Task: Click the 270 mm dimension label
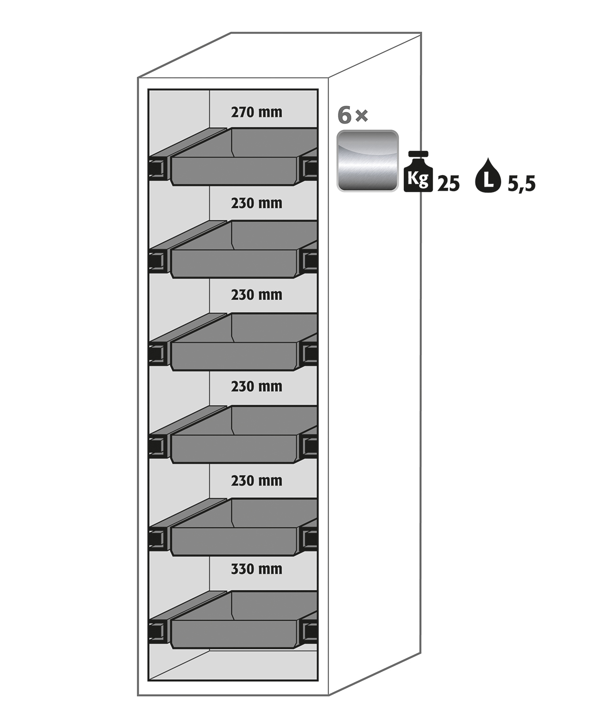256,112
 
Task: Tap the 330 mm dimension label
256,569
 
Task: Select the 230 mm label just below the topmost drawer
256,203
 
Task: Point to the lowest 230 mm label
256,481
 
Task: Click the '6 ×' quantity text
353,115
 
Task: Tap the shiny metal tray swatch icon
367,161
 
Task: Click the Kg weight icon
418,172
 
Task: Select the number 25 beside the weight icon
448,184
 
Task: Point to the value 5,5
522,184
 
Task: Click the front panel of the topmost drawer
234,171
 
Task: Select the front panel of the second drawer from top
234,264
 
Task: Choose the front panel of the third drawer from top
234,356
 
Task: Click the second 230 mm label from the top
256,295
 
